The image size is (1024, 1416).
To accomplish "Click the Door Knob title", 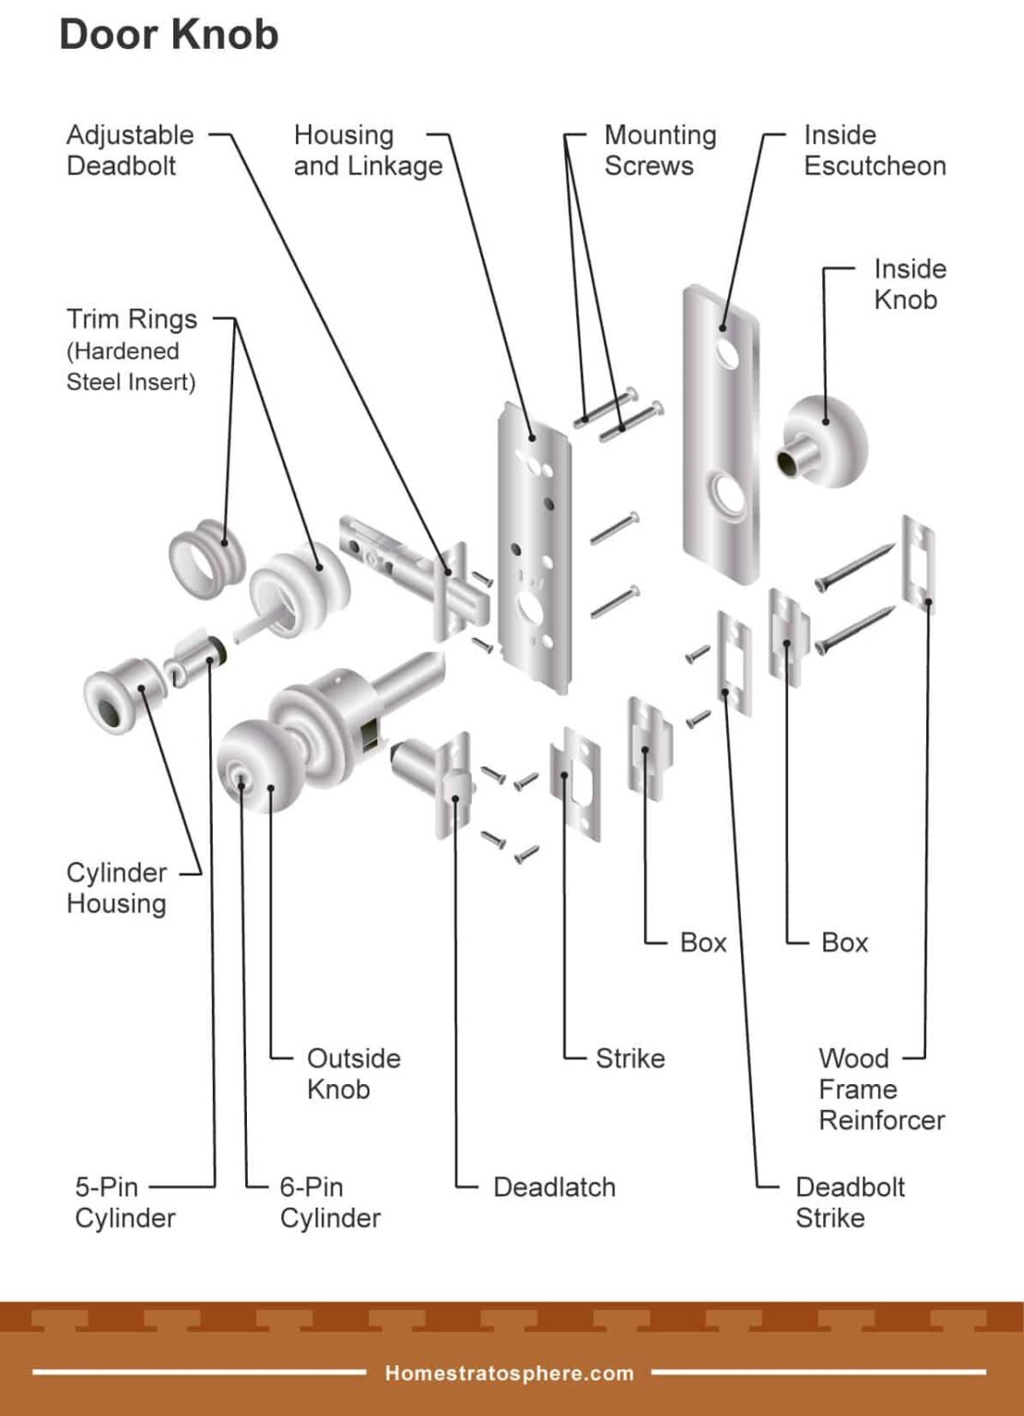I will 169,35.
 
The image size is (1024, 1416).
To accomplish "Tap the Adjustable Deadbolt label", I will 130,150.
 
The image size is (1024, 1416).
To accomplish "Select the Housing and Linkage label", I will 368,150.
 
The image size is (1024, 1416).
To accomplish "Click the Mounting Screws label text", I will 659,150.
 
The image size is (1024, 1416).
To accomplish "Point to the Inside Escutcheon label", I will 874,150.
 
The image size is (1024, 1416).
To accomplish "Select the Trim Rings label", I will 131,320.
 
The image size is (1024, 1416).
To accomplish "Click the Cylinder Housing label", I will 116,888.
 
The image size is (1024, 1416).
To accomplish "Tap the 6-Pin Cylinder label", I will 329,1202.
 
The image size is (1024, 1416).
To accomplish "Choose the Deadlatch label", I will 554,1187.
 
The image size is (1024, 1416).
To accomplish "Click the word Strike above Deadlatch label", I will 630,1058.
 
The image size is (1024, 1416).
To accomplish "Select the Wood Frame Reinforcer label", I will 880,1089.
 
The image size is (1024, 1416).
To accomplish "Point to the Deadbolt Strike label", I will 849,1202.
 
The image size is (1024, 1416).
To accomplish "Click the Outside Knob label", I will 353,1073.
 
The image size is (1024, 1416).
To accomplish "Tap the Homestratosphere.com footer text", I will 509,1374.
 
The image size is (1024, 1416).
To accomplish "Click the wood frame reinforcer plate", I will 918,562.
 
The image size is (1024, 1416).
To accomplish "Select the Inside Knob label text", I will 909,284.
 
